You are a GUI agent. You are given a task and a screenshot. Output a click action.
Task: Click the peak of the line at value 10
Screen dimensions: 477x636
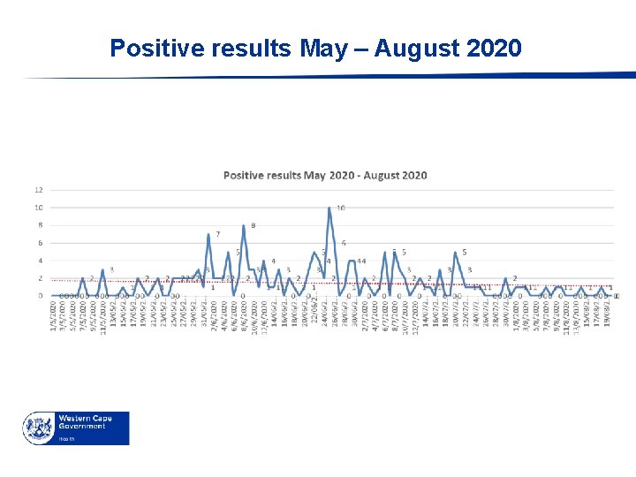329,208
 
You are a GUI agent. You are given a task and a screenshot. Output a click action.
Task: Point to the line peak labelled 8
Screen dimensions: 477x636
244,226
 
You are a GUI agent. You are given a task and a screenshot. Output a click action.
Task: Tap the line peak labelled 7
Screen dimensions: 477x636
208,235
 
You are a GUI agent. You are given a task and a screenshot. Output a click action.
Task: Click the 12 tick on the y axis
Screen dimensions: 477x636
39,190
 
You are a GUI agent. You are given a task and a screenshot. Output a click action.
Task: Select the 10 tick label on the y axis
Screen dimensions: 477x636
39,208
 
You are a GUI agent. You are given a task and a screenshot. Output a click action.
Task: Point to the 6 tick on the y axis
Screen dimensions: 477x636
39,243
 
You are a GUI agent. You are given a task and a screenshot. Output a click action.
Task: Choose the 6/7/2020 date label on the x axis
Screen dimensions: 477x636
385,314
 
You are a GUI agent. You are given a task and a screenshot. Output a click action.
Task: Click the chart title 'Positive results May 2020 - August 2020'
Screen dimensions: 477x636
325,175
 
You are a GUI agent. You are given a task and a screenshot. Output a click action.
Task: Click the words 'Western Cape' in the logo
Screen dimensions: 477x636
84,418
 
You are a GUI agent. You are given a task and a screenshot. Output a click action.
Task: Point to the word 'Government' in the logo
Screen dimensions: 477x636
82,427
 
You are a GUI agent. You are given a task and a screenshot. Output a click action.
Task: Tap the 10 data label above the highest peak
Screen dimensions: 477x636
340,208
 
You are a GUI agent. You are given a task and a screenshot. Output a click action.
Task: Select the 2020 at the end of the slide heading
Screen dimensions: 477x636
495,48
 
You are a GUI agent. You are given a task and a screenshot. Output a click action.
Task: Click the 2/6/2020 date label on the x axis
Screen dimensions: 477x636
215,314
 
